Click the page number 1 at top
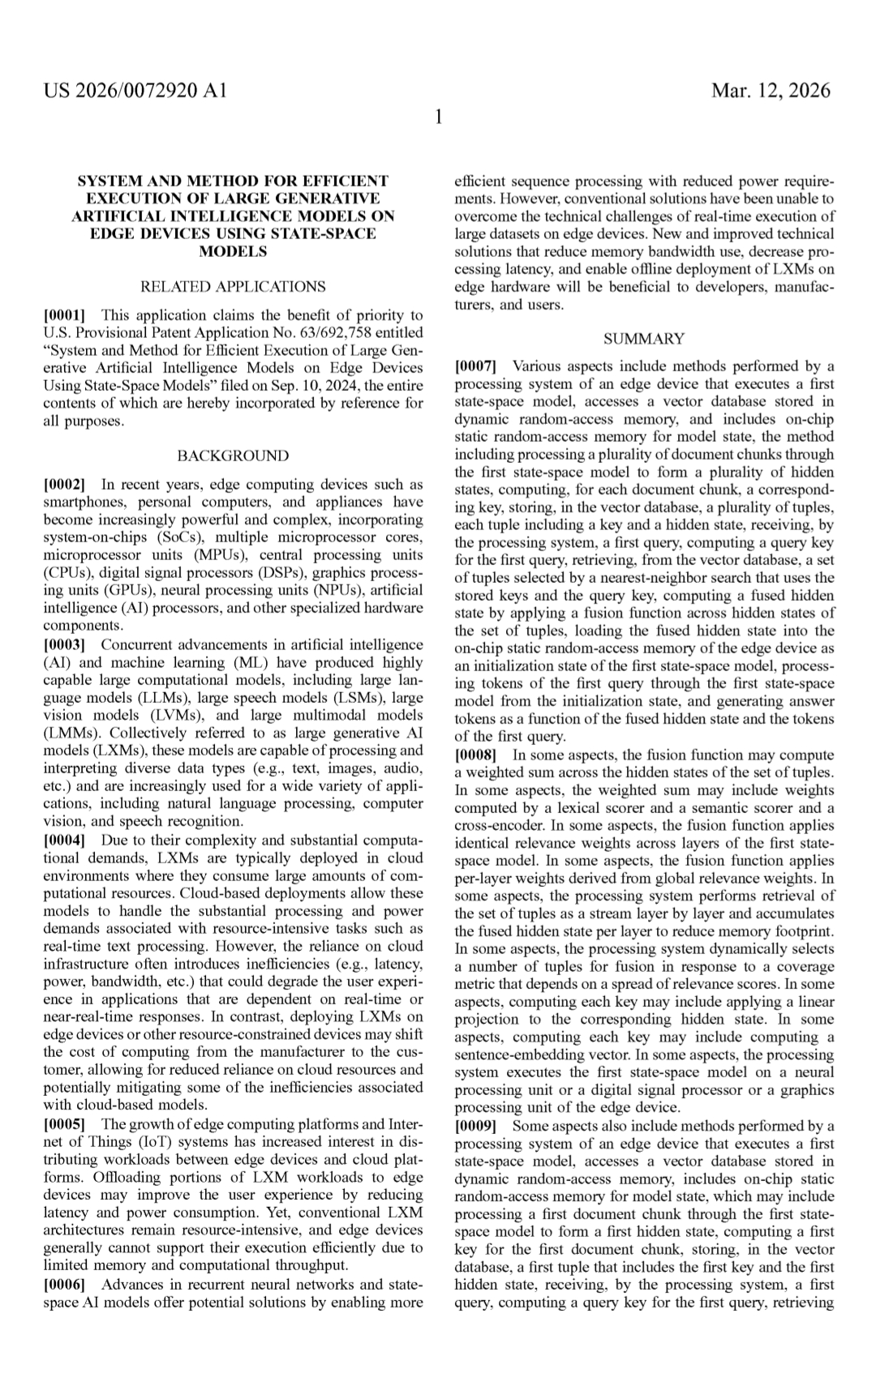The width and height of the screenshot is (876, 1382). click(438, 118)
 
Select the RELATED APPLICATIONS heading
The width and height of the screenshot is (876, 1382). click(233, 287)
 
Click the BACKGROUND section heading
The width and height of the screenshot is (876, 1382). click(233, 456)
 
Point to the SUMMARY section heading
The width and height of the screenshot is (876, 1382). click(644, 339)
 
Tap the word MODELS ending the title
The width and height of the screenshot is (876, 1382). click(233, 252)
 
